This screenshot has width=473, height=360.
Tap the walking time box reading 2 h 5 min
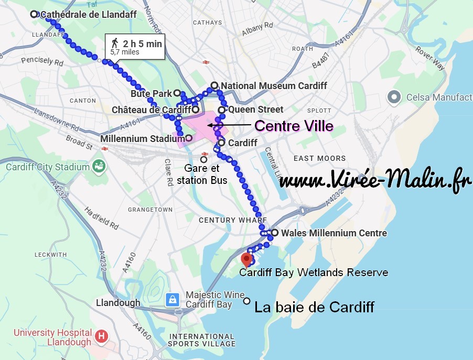[x=135, y=47]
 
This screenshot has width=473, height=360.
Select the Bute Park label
[x=152, y=94]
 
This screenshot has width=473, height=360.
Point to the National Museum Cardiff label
[x=274, y=86]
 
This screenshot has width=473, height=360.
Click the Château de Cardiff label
[x=151, y=110]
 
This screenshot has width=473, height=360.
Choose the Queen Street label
[x=255, y=110]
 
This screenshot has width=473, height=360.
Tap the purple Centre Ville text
[x=293, y=126]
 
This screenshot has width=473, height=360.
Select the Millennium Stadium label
[x=142, y=139]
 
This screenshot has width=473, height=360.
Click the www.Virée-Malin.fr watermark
[x=375, y=181]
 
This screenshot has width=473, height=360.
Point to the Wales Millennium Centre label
[x=334, y=233]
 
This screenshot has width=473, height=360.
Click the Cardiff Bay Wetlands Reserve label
[x=314, y=272]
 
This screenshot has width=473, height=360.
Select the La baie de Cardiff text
[x=314, y=307]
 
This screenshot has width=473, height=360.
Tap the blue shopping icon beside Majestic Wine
[x=172, y=300]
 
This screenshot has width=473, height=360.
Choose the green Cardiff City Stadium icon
[x=98, y=167]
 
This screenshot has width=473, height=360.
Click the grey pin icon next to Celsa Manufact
[x=394, y=97]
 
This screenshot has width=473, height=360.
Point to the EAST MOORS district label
[x=319, y=158]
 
